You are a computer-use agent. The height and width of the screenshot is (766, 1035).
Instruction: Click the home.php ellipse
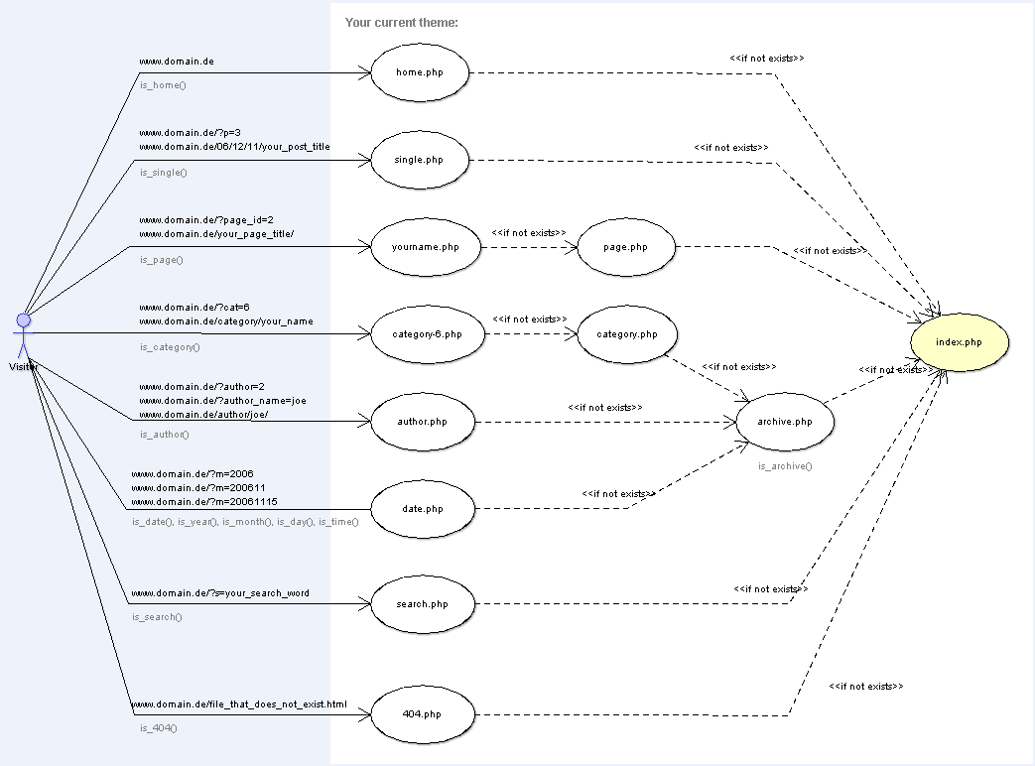419,72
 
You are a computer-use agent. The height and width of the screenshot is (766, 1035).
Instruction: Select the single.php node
419,160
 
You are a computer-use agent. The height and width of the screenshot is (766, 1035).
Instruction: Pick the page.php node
626,247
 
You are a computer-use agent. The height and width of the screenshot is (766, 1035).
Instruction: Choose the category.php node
626,334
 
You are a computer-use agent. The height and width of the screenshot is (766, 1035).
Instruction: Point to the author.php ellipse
422,422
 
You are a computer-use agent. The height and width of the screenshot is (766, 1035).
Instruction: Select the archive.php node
784,422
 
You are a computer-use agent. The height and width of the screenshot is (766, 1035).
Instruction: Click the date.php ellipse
422,509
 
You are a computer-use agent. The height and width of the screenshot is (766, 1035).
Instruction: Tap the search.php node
422,604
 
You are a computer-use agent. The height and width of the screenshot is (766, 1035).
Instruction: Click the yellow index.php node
959,342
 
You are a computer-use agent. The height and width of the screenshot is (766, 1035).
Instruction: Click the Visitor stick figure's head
23,320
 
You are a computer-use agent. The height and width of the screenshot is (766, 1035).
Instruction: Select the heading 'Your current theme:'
401,22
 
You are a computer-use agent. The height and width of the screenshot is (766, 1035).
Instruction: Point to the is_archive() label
784,465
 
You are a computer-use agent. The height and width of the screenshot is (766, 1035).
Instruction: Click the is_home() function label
163,85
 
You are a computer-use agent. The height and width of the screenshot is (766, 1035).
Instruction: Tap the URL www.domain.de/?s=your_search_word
219,593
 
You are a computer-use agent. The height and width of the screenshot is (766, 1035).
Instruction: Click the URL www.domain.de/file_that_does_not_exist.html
239,704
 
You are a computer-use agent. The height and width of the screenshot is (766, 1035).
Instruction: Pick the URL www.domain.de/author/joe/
203,415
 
